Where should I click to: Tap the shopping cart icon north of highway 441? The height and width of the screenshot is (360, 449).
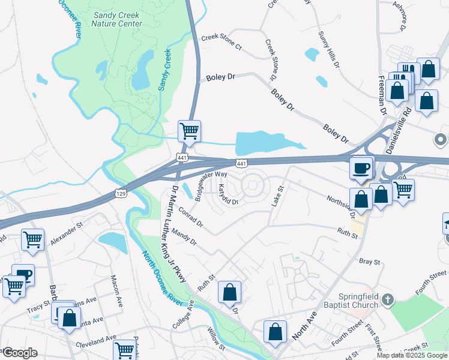(189, 130)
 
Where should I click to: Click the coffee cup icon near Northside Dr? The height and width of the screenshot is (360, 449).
(361, 168)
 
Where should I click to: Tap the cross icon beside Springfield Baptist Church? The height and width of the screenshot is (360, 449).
(388, 299)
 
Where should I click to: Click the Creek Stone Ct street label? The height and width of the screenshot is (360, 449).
(221, 42)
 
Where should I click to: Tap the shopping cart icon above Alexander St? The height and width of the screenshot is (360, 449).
(32, 239)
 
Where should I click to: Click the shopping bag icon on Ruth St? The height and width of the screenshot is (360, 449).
(229, 293)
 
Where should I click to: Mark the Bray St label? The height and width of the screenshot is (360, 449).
(369, 262)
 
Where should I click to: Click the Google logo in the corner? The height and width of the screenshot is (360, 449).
(19, 353)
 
